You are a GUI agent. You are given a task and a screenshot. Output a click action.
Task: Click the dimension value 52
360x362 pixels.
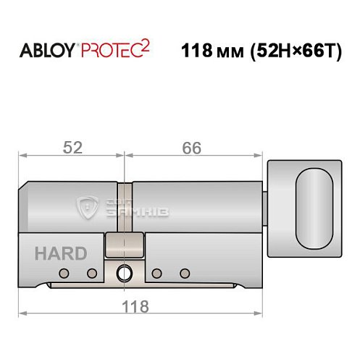pyautogui.click(x=72, y=147)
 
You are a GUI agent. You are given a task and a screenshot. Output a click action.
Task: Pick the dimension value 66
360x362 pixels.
pyautogui.click(x=191, y=147)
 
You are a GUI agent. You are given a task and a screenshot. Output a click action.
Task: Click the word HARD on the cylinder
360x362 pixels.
pyautogui.click(x=60, y=253)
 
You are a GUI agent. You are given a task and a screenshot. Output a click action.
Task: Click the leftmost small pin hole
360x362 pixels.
pyautogui.click(x=64, y=273)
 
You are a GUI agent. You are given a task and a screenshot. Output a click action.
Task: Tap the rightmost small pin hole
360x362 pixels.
pyautogui.click(x=184, y=273)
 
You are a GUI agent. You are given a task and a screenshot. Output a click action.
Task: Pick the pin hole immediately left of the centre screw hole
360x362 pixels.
pyautogui.click(x=92, y=273)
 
